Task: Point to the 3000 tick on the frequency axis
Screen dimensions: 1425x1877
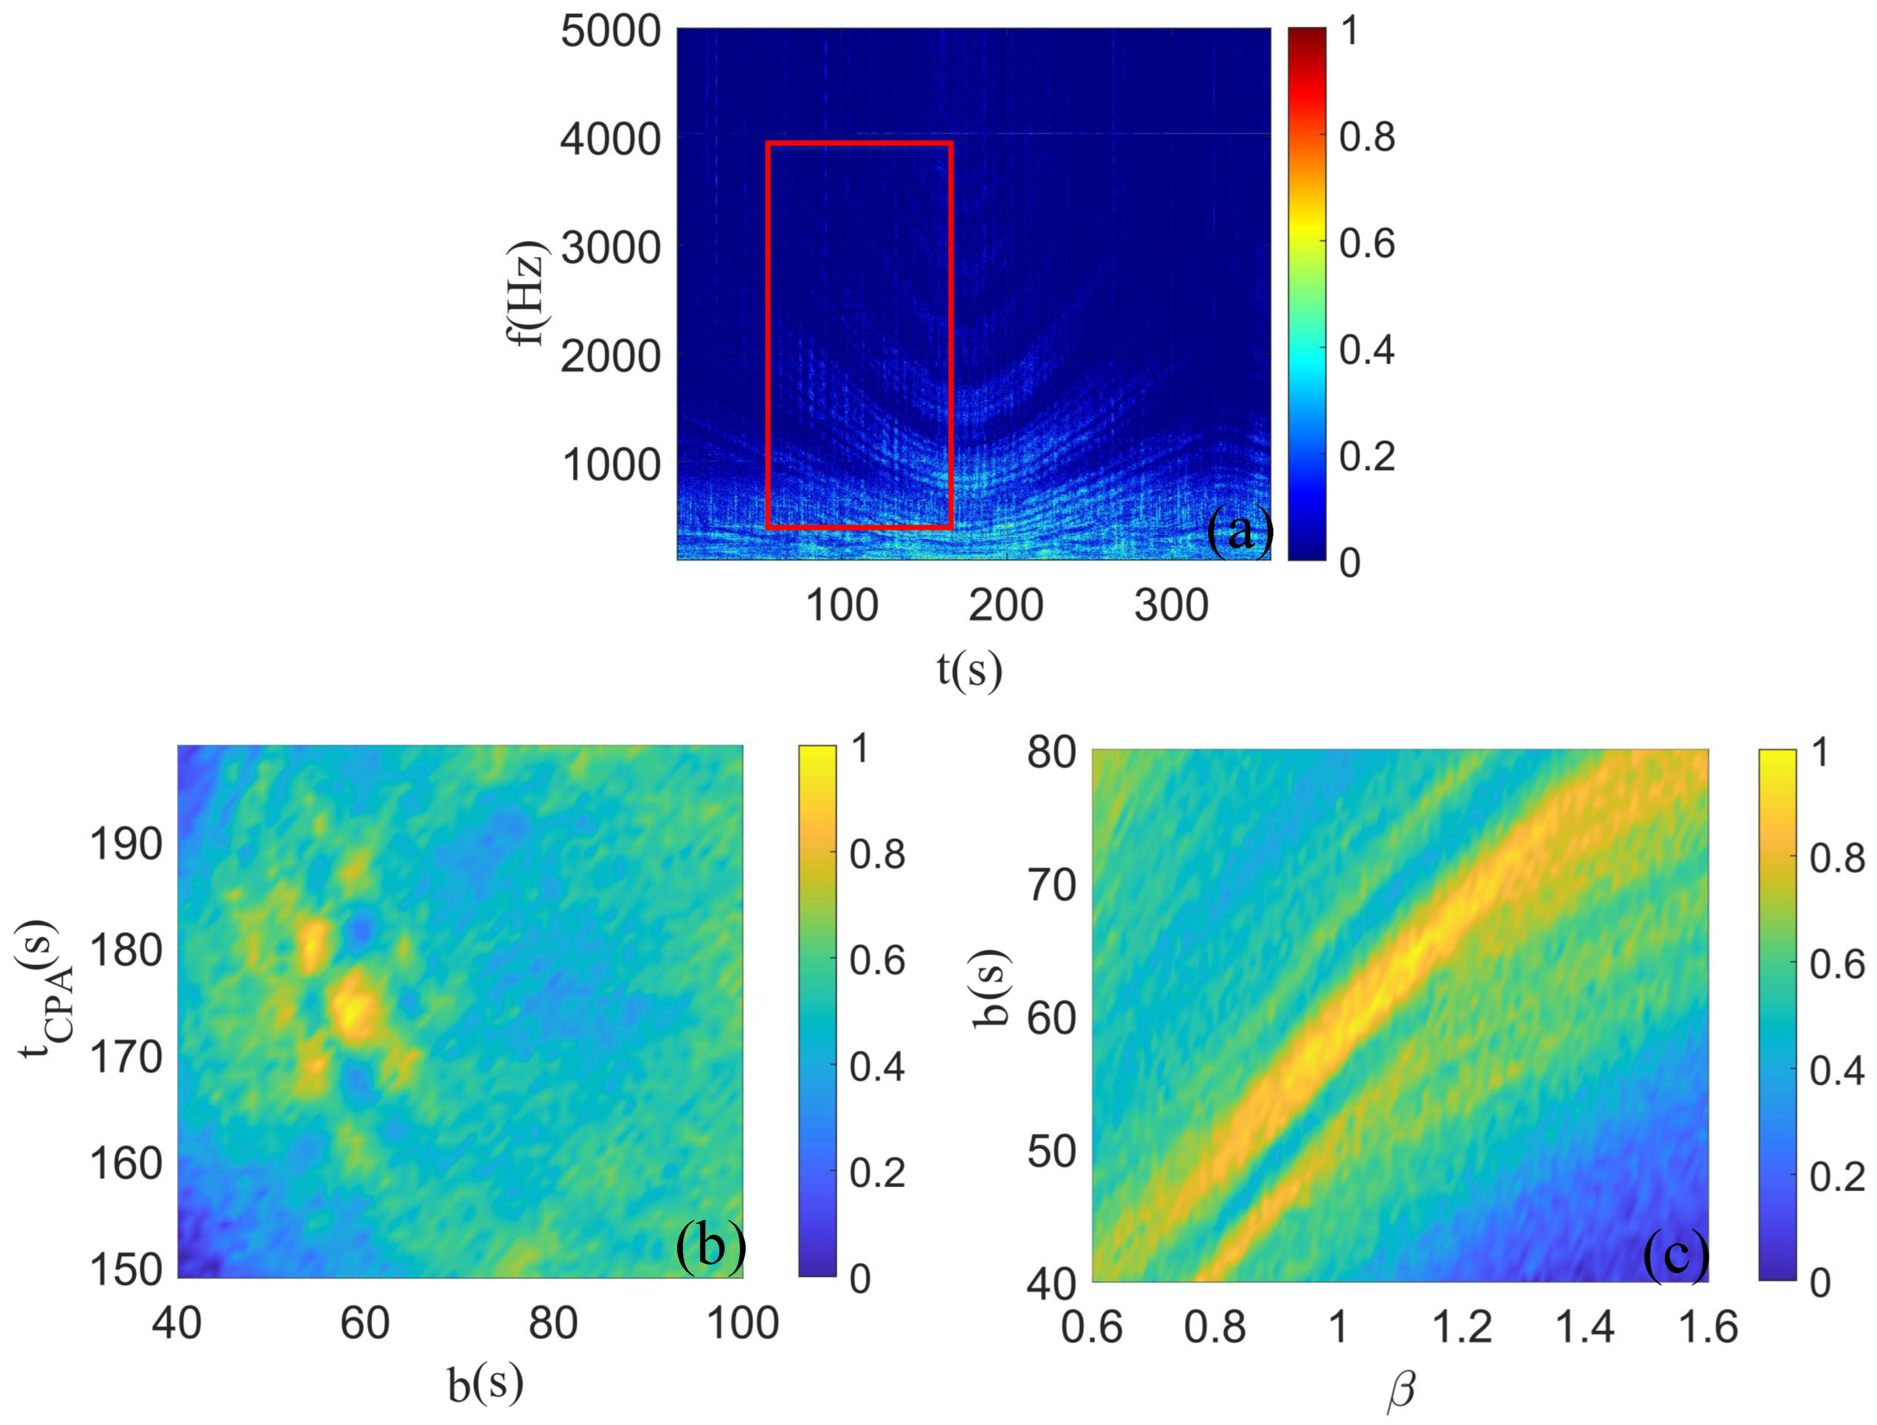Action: pyautogui.click(x=610, y=249)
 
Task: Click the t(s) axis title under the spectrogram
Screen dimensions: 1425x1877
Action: pyautogui.click(x=969, y=669)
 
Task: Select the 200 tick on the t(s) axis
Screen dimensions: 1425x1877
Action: pyautogui.click(x=1006, y=606)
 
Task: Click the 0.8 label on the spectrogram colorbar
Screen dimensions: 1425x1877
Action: pyautogui.click(x=1366, y=137)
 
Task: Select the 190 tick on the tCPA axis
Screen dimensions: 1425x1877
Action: pyautogui.click(x=126, y=845)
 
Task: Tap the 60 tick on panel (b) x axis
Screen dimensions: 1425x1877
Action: pyautogui.click(x=365, y=1323)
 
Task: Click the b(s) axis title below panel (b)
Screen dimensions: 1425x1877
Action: pyautogui.click(x=486, y=1383)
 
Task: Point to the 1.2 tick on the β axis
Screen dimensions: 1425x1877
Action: pyautogui.click(x=1461, y=1327)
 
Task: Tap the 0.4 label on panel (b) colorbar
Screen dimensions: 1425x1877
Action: pyautogui.click(x=877, y=1067)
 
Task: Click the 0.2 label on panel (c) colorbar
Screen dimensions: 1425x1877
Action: pyautogui.click(x=1836, y=1177)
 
